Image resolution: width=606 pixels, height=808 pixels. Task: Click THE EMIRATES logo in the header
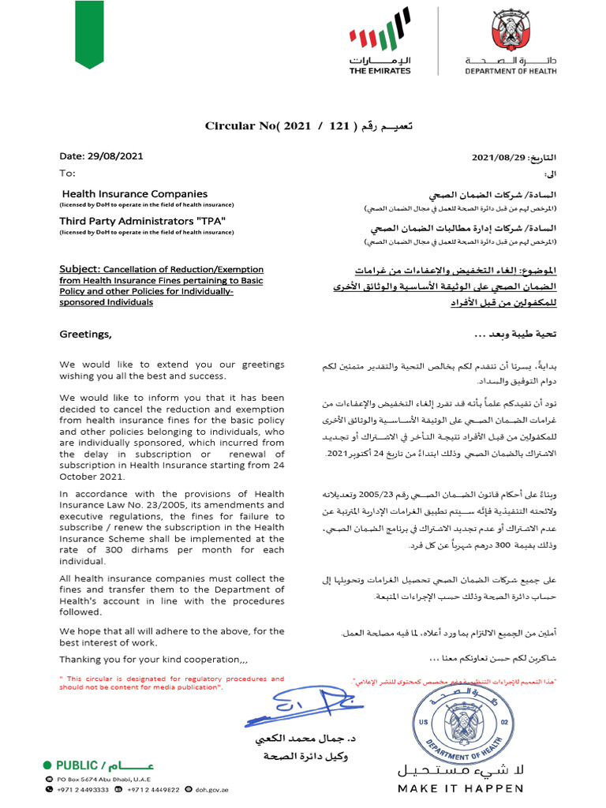pos(380,47)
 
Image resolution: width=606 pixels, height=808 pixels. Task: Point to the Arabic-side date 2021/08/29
pos(499,157)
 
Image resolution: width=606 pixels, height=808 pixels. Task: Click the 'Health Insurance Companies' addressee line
pos(134,194)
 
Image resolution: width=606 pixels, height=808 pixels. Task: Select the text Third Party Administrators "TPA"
pos(137,221)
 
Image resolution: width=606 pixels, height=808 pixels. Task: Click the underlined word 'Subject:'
pos(79,269)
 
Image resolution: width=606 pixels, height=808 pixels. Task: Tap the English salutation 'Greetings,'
pos(86,335)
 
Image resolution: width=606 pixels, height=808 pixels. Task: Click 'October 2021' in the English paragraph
pos(92,477)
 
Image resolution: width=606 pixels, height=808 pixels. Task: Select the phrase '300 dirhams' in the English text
pos(122,550)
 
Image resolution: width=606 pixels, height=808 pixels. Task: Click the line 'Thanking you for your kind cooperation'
pos(154,660)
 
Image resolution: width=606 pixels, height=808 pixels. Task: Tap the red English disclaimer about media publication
pos(171,683)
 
